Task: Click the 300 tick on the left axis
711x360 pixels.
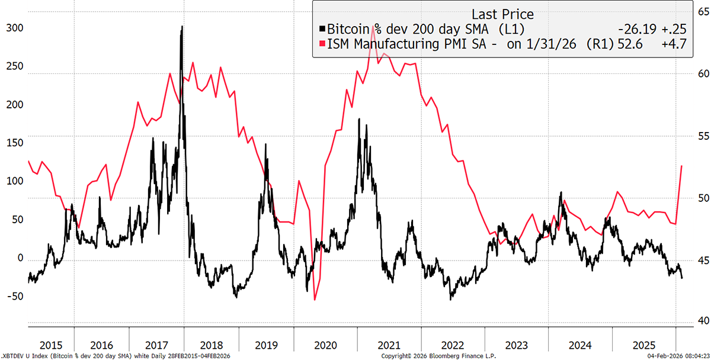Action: coord(12,28)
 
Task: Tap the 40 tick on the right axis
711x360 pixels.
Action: coord(700,320)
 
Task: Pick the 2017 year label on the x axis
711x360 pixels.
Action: coord(156,345)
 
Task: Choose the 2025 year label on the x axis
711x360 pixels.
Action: coord(643,345)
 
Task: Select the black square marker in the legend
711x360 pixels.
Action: coord(322,28)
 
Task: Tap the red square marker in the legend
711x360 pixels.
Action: coord(322,43)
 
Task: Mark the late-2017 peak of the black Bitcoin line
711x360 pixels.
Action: coord(181,26)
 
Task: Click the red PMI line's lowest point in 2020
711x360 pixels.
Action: coord(315,300)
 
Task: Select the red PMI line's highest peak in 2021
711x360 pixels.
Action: coord(373,27)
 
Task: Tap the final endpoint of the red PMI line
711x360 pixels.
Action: coord(682,166)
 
